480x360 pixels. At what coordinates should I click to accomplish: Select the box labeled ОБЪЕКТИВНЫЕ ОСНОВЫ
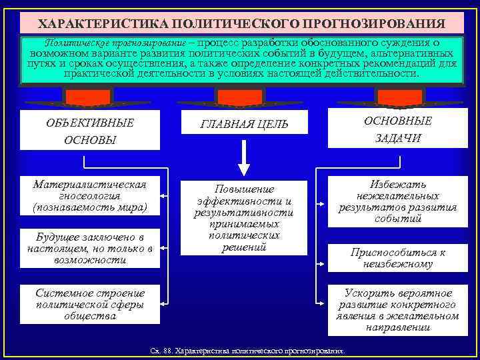[x=90, y=131]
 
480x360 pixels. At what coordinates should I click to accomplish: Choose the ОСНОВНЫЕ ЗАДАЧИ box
[x=397, y=129]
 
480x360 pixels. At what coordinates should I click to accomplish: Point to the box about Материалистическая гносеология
[x=90, y=196]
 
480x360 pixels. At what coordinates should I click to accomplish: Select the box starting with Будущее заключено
[x=90, y=249]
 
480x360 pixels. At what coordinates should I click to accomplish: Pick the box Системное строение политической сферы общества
[x=90, y=305]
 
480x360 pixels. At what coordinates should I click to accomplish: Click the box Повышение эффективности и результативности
[x=244, y=218]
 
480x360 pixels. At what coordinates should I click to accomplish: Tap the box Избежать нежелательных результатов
[x=397, y=201]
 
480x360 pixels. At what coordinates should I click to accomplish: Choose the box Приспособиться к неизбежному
[x=397, y=259]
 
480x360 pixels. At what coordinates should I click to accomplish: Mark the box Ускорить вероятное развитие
[x=397, y=311]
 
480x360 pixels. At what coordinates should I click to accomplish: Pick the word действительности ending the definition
[x=377, y=73]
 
